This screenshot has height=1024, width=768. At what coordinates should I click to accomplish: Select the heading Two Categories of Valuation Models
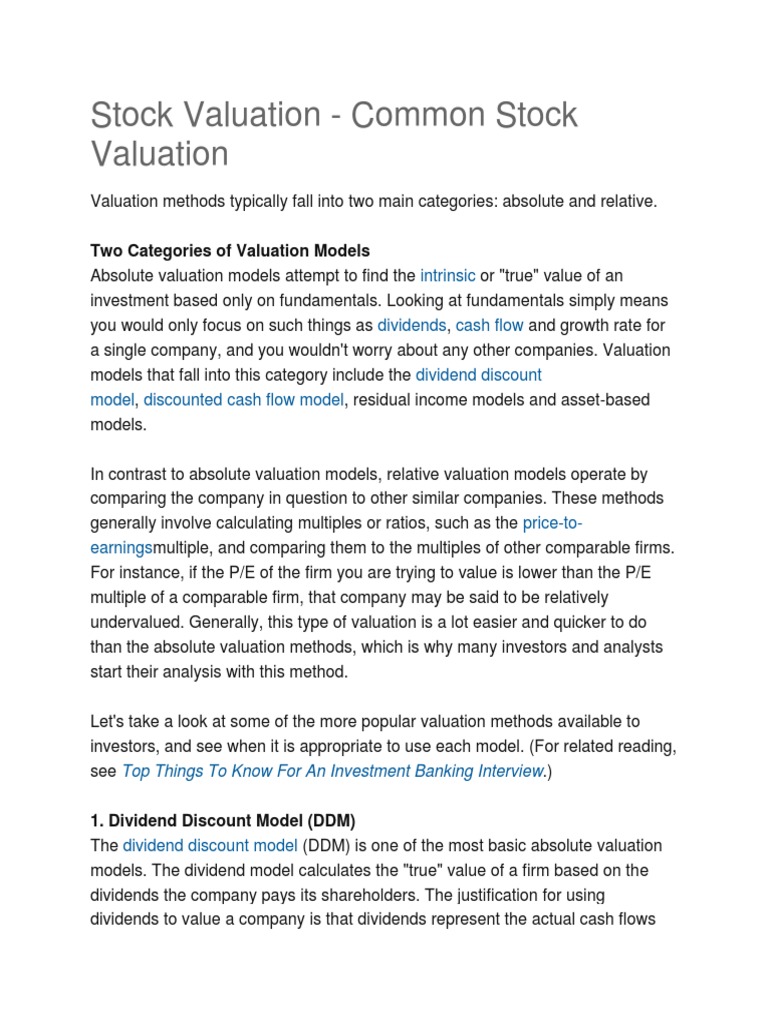pos(230,250)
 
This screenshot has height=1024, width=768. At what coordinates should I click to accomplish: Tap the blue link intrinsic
pos(447,275)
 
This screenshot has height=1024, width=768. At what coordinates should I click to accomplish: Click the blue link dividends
pos(411,325)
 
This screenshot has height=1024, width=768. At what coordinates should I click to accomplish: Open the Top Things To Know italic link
pos(333,770)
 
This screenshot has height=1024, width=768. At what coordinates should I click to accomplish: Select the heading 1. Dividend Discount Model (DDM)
pos(223,820)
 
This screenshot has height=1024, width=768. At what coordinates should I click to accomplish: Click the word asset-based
pos(600,400)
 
